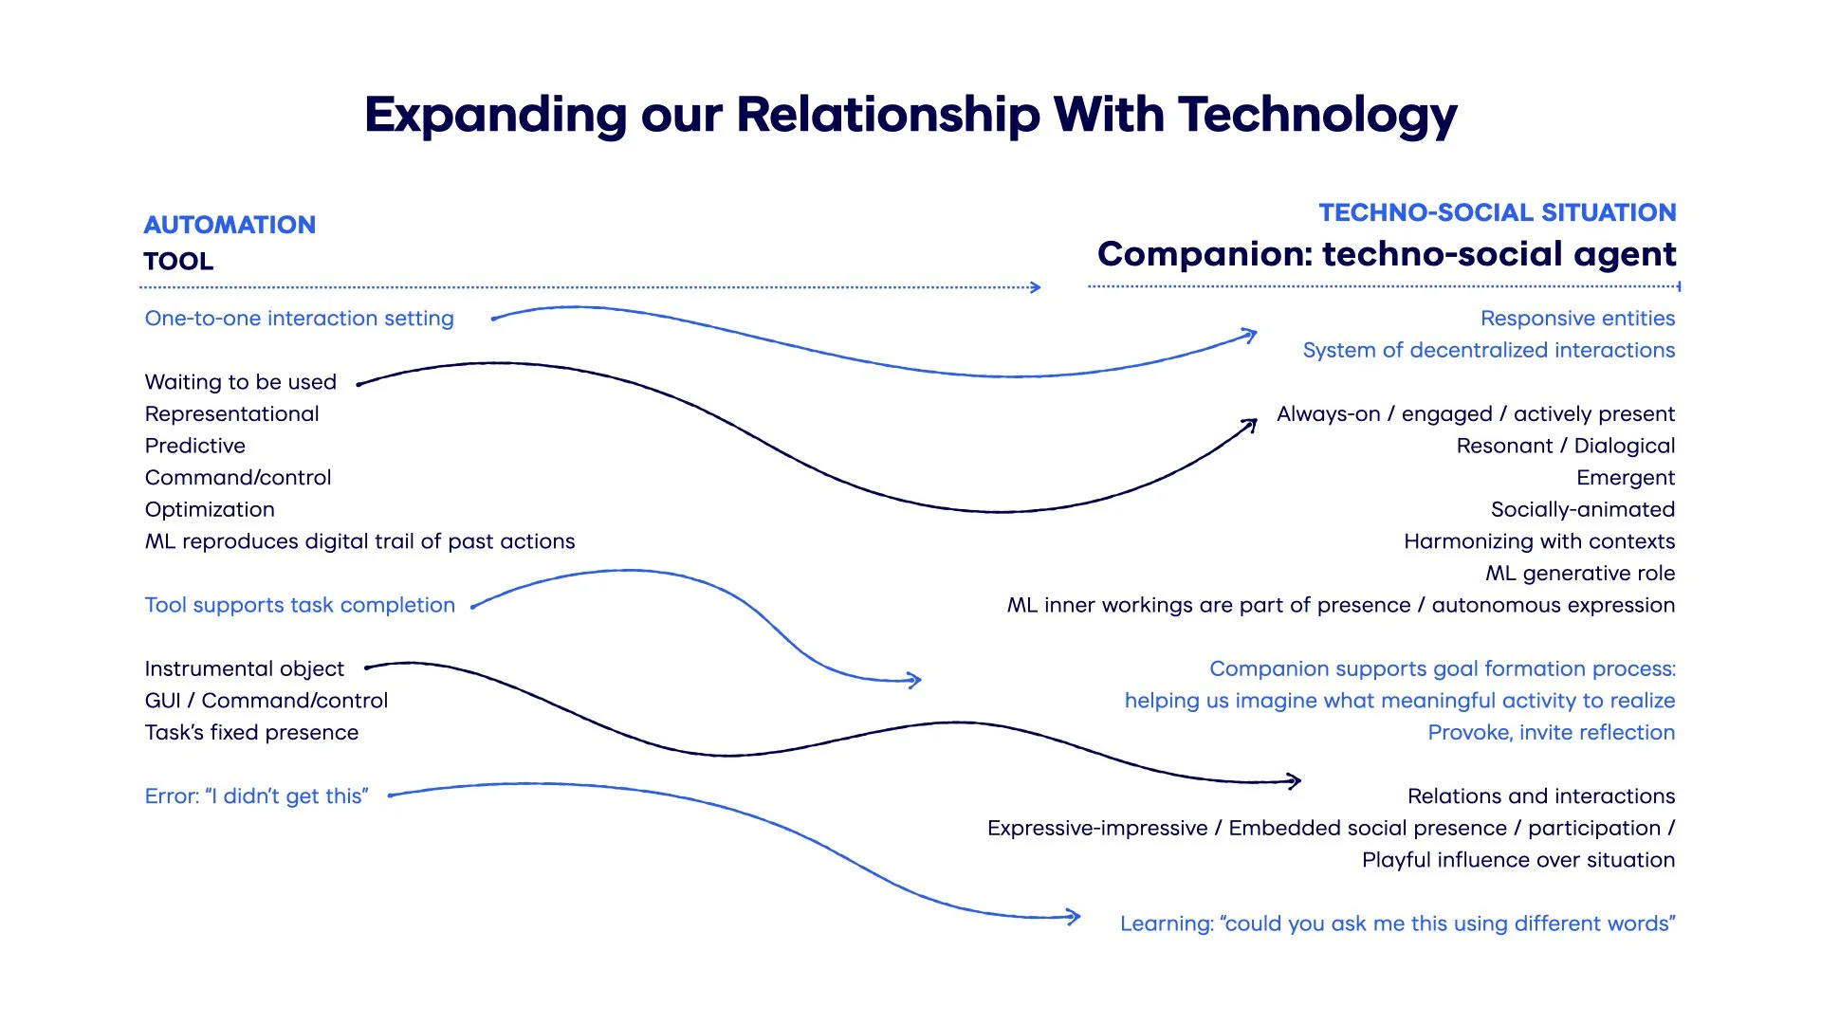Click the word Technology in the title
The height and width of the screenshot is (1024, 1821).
click(x=1317, y=116)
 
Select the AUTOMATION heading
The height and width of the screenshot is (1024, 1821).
click(x=230, y=225)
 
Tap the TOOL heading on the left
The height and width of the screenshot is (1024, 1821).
click(x=178, y=262)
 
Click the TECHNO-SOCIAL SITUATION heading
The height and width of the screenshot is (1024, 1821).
click(x=1498, y=212)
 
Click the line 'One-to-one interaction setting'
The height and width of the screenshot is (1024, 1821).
click(x=299, y=319)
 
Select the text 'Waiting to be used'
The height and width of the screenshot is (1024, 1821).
click(x=241, y=382)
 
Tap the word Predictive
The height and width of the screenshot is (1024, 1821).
click(x=195, y=446)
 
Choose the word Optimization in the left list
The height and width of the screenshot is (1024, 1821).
click(x=210, y=509)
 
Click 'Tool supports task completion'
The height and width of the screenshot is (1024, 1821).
click(x=300, y=605)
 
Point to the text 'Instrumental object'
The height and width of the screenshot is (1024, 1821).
click(x=245, y=668)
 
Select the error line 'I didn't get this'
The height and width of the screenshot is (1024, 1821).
click(x=256, y=796)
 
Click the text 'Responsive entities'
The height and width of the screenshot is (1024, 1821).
click(x=1577, y=319)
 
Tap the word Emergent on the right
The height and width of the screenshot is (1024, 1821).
click(x=1626, y=478)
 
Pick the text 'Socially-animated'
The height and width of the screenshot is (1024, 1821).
click(x=1583, y=509)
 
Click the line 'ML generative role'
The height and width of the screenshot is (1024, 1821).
click(x=1580, y=574)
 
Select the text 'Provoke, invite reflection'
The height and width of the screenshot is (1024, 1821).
click(x=1552, y=733)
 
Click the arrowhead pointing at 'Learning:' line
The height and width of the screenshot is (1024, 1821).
click(x=1075, y=916)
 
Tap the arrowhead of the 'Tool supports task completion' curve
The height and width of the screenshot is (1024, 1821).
click(x=915, y=679)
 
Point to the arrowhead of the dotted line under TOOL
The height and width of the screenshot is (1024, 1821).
click(x=1037, y=287)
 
